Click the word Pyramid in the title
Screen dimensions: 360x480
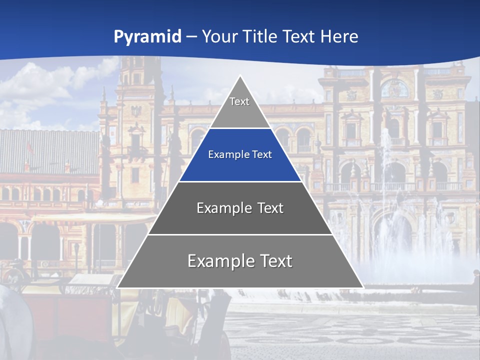[147, 36]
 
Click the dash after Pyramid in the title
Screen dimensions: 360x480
[191, 37]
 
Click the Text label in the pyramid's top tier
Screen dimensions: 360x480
[239, 101]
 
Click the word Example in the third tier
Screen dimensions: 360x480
[223, 208]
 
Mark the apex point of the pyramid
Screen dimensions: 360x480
[240, 76]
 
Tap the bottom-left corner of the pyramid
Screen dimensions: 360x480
[117, 287]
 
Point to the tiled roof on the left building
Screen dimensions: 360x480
[47, 150]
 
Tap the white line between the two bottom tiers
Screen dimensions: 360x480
[240, 234]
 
